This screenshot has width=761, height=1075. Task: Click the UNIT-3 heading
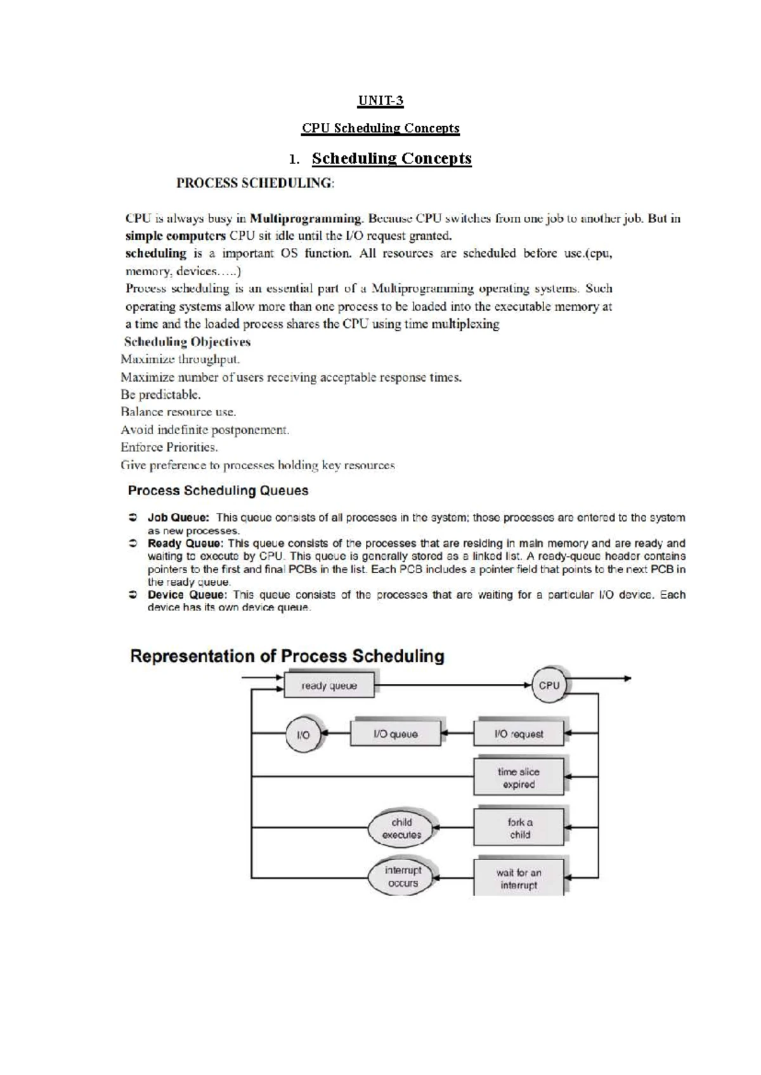coord(380,101)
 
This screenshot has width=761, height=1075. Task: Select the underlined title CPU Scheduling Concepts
coord(380,128)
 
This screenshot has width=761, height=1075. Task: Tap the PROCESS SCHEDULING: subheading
coord(254,183)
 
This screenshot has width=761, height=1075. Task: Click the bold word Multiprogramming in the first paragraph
coord(306,219)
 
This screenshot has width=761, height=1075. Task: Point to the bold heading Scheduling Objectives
coord(187,342)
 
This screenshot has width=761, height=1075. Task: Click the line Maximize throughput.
coord(181,359)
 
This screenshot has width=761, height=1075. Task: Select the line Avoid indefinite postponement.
coord(205,430)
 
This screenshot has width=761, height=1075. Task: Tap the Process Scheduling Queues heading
coord(218,491)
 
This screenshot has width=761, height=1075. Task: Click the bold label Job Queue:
coord(178,517)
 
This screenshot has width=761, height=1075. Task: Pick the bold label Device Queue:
coord(186,595)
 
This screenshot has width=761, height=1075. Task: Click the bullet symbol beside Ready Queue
coord(133,543)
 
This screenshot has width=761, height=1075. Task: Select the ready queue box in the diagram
coord(329,686)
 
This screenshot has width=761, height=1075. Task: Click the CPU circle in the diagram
coord(549,685)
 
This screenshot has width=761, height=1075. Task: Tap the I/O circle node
coord(304,735)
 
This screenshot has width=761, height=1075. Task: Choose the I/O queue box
coord(395,734)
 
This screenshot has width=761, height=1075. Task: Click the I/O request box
coord(519,734)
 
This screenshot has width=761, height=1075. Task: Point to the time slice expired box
coord(519,778)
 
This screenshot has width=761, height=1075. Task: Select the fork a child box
coord(519,828)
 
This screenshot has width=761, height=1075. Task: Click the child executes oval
coord(401,828)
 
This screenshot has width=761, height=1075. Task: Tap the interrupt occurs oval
coord(403,877)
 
